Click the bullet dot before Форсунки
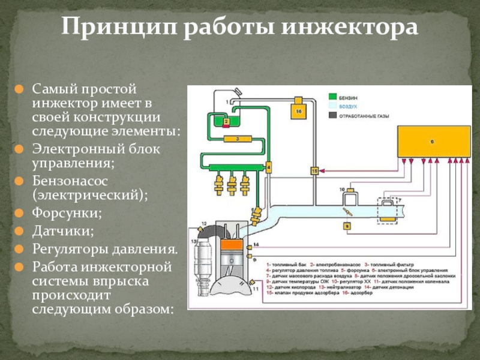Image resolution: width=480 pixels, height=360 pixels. (20, 213)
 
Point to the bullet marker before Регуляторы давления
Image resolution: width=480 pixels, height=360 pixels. (20, 248)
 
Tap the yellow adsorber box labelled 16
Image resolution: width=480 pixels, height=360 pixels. (298, 111)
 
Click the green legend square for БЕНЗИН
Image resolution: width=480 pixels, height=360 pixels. (332, 96)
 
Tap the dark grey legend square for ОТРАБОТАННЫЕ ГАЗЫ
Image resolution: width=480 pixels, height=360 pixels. (332, 114)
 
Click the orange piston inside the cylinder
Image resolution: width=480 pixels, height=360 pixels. (232, 246)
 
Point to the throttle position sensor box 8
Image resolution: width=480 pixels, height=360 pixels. (347, 226)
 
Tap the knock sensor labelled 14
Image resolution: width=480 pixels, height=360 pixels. (248, 245)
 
